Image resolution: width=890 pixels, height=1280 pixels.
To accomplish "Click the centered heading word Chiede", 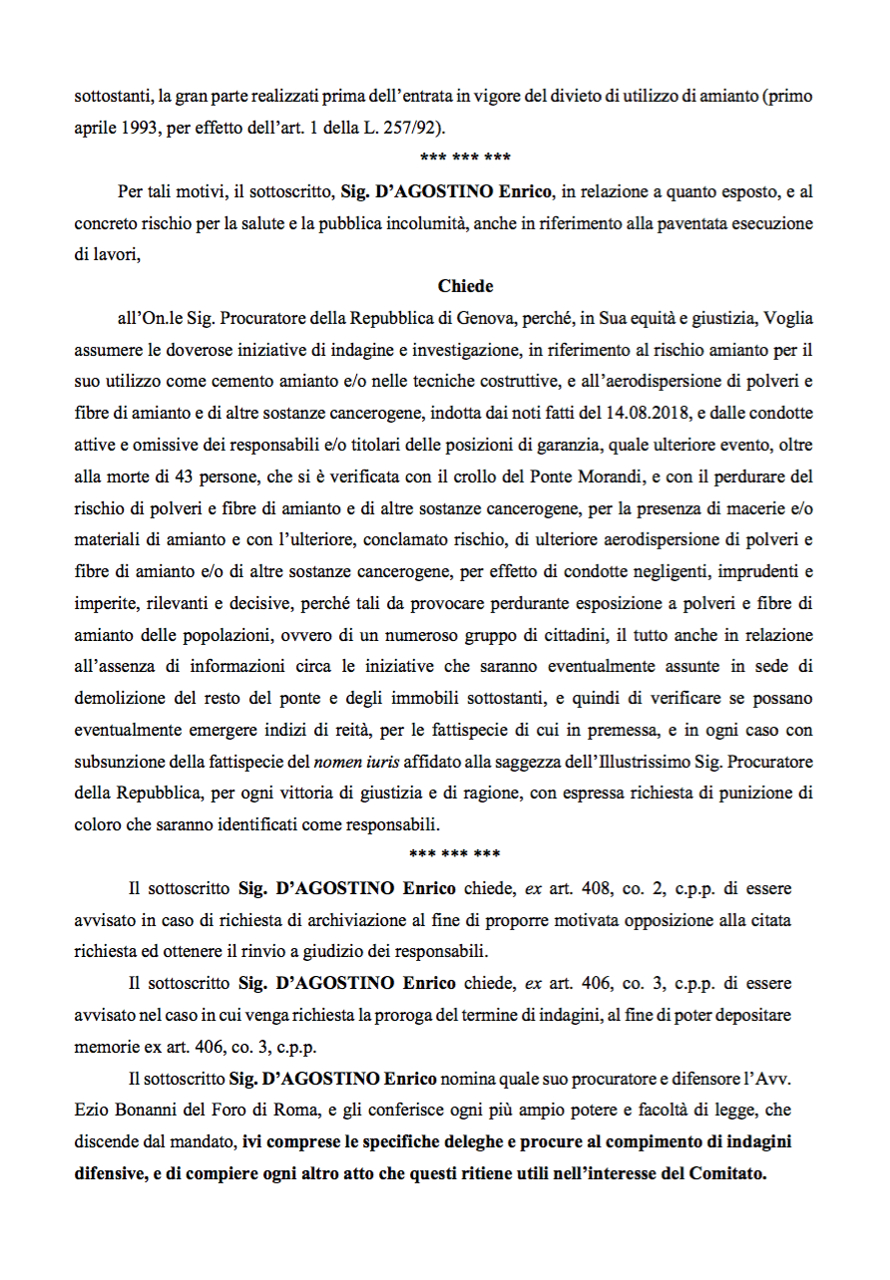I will [465, 286].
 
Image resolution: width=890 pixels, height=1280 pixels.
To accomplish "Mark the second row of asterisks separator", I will [456, 855].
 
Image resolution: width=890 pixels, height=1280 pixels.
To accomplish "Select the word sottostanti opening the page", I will [109, 98].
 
